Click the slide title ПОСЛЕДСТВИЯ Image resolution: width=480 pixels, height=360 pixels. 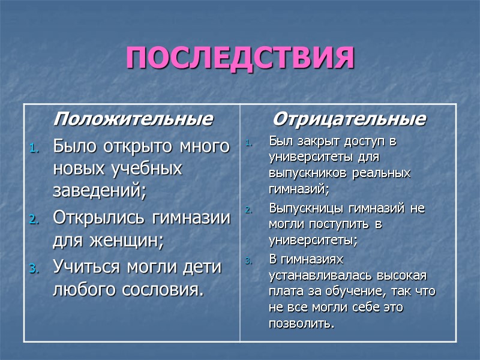click(x=240, y=58)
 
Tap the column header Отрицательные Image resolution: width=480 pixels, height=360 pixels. click(x=349, y=119)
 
